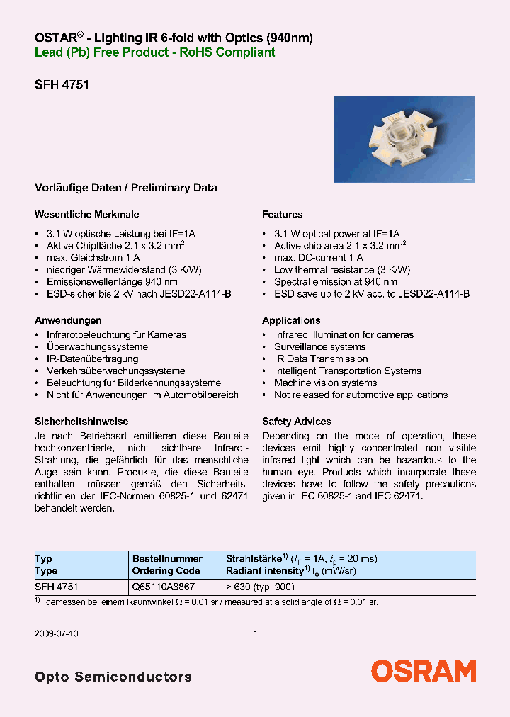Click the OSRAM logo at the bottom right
click(x=424, y=670)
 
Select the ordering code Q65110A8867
click(x=164, y=587)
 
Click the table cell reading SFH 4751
click(x=57, y=587)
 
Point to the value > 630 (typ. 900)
click(x=260, y=587)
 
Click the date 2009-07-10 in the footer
click(x=57, y=634)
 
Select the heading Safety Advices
click(x=297, y=421)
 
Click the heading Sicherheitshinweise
click(x=81, y=421)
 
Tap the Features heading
click(x=282, y=214)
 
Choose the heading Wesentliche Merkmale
click(x=86, y=214)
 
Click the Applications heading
click(x=291, y=320)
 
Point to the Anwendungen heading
click(x=68, y=320)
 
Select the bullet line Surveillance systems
click(x=320, y=347)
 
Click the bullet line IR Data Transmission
click(x=321, y=359)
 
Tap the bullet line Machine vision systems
click(x=326, y=383)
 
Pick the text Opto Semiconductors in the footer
click(x=113, y=677)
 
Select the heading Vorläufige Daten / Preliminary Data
click(x=126, y=188)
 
